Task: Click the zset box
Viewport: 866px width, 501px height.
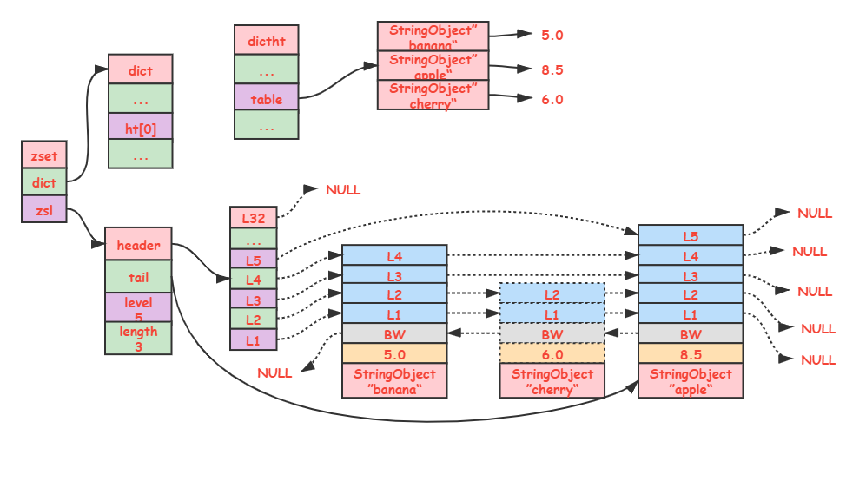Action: pos(44,155)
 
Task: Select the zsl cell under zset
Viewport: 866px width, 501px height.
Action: pos(44,209)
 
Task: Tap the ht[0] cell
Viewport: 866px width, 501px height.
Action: pos(141,127)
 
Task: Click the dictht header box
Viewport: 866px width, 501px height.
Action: pos(266,40)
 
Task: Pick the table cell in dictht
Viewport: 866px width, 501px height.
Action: pos(266,97)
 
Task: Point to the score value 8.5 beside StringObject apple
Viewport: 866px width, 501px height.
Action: pos(552,69)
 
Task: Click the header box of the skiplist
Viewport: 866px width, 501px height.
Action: pos(138,244)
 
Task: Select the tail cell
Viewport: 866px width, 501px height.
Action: pos(138,276)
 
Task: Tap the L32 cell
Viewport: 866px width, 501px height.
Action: pos(253,217)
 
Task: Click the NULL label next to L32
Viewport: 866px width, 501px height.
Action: pos(343,190)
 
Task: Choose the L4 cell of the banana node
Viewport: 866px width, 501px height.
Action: pos(394,255)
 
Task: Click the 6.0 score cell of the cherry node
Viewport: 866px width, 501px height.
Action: pos(552,353)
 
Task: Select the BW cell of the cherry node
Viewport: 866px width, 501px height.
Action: pos(552,333)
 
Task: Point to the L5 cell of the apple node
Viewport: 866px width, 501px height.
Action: pos(691,235)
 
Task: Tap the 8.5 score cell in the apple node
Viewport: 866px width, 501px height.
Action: pos(691,353)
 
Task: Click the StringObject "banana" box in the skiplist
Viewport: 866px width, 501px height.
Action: pos(394,380)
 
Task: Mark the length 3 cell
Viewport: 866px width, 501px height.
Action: pos(138,338)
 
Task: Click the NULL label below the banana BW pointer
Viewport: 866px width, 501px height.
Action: pos(274,373)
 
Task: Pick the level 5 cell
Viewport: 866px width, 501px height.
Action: pos(138,307)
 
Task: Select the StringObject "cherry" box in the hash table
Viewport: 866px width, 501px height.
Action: pos(433,95)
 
